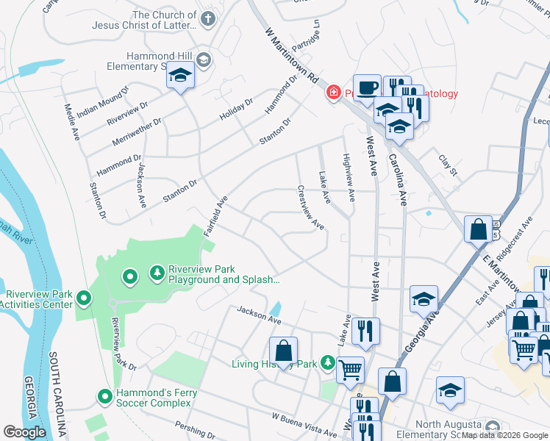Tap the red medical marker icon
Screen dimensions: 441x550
(x=333, y=93)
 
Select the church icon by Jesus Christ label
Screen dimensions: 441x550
(x=208, y=19)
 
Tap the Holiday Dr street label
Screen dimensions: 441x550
(x=236, y=110)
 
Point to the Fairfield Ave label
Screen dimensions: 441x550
(x=216, y=214)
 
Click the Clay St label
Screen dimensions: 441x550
(x=448, y=165)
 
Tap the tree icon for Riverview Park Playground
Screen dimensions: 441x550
(x=157, y=273)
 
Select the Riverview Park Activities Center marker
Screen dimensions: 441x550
(x=84, y=298)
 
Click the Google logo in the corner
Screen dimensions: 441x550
(x=25, y=431)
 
